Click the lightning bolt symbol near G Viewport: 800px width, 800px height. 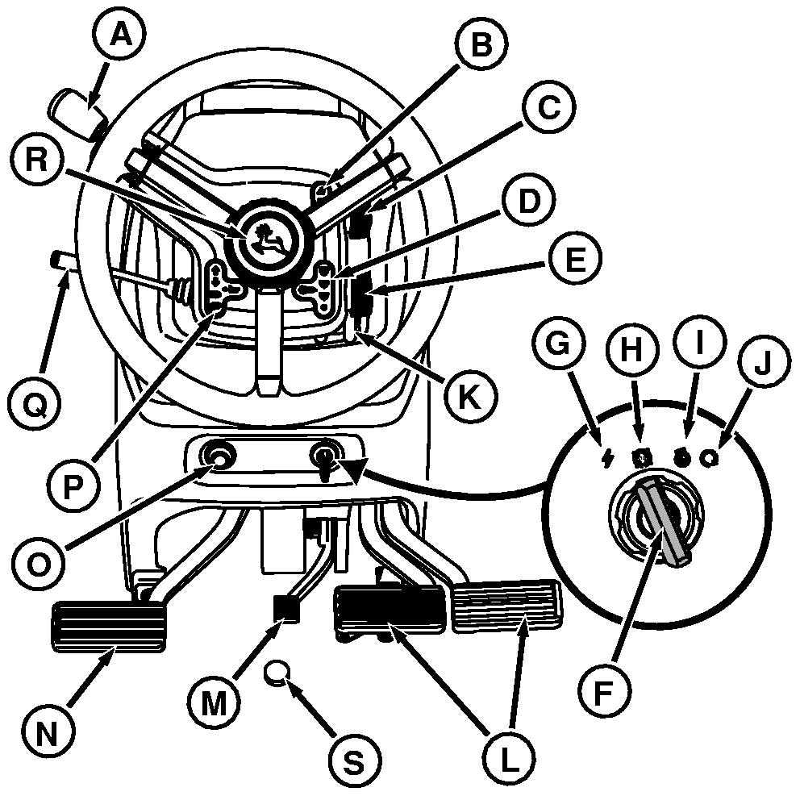click(x=606, y=459)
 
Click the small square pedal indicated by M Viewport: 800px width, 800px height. click(x=286, y=606)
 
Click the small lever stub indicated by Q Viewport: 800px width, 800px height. click(x=61, y=260)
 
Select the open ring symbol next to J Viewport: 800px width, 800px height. click(x=710, y=457)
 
